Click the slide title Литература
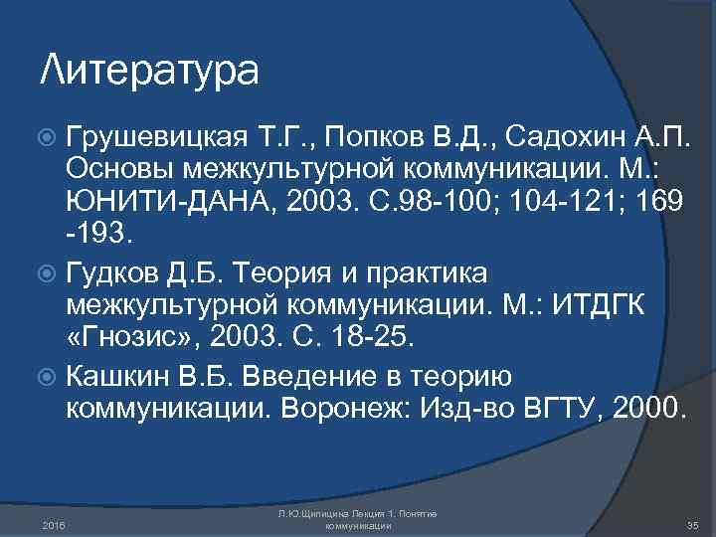[149, 71]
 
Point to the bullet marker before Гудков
[49, 271]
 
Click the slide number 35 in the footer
[693, 524]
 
